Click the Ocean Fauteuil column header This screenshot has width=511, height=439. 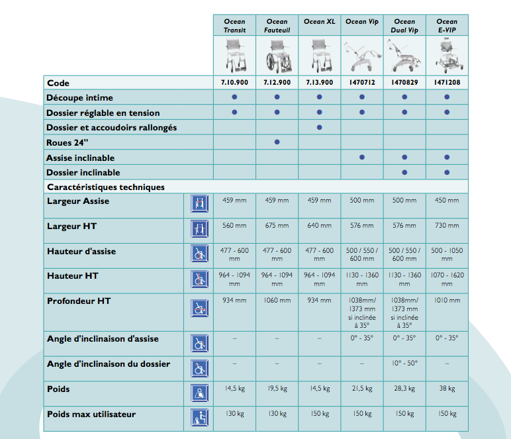[277, 26]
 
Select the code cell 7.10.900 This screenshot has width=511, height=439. [234, 83]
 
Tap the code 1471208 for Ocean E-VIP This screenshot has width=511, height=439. [447, 83]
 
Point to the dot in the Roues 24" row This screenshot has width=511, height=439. [277, 142]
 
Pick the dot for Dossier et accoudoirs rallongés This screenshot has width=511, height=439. [320, 127]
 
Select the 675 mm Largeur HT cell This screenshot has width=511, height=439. [277, 226]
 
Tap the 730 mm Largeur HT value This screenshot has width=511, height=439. [447, 226]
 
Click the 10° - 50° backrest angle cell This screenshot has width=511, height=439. [404, 364]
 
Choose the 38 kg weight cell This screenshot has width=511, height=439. [447, 389]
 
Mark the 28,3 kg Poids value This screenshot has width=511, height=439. [404, 389]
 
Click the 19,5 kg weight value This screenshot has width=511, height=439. [277, 389]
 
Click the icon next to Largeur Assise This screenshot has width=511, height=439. [197, 203]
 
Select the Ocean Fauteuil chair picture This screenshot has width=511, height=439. [277, 56]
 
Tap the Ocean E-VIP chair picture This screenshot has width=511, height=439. [447, 56]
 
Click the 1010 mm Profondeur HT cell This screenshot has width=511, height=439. [447, 301]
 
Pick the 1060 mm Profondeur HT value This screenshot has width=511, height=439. [277, 301]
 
